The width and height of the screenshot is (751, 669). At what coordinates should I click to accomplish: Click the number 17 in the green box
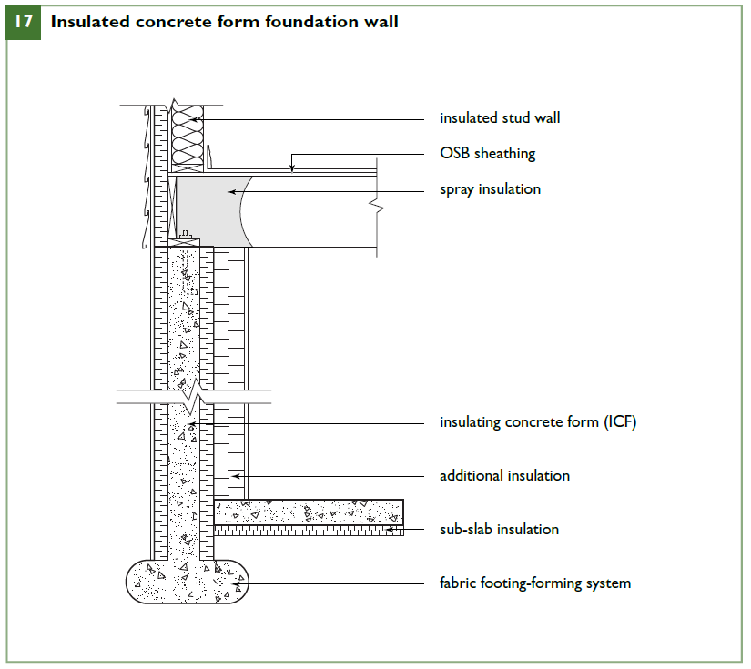[x=24, y=22]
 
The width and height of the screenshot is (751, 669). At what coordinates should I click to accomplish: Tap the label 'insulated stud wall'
[x=500, y=118]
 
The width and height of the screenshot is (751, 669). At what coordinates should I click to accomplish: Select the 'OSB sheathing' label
[x=487, y=154]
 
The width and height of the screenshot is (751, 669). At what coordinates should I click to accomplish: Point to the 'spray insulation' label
[x=490, y=189]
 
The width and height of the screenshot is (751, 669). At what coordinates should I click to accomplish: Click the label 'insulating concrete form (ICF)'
[x=538, y=422]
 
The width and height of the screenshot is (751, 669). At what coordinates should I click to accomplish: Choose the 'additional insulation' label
[x=504, y=476]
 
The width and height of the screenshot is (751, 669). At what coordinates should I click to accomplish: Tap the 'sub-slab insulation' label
[x=499, y=529]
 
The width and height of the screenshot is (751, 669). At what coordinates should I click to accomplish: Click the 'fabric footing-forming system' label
[x=534, y=583]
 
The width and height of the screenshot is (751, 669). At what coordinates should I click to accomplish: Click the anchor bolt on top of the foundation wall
[x=186, y=239]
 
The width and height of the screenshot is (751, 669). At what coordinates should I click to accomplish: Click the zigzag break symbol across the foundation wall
[x=193, y=397]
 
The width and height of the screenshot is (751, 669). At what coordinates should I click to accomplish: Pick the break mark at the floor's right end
[x=377, y=208]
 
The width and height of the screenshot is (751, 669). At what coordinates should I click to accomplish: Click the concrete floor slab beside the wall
[x=309, y=512]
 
